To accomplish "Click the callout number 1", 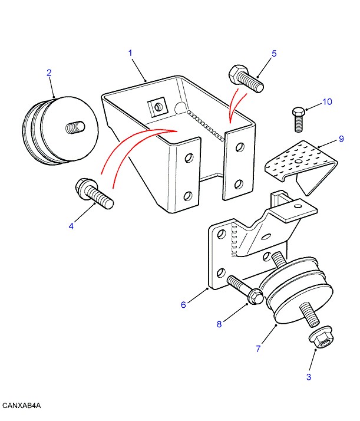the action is (130, 53).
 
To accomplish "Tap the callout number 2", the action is (49, 73).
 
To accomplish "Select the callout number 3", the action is (309, 377).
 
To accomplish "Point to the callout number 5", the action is (274, 54).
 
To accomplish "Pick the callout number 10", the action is (327, 102).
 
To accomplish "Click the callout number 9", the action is (341, 139).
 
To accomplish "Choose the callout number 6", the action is (183, 305).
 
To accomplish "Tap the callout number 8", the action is (219, 324).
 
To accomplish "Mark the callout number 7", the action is (258, 348).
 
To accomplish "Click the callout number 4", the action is (71, 226).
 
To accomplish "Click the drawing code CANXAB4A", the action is (21, 406).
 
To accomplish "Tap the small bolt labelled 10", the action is (298, 119).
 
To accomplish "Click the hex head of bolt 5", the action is (236, 73).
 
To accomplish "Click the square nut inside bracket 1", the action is (157, 107).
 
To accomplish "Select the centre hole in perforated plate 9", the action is (298, 162).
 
